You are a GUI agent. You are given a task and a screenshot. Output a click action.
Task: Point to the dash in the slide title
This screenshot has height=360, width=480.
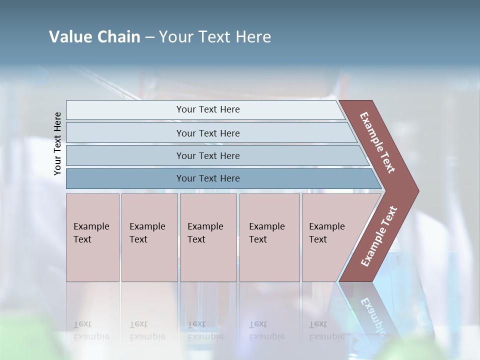[x=149, y=37]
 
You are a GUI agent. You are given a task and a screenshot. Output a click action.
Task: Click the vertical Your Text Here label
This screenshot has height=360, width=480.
[x=57, y=143]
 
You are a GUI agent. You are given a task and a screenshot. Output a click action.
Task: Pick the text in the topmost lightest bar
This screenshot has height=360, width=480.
[x=208, y=109]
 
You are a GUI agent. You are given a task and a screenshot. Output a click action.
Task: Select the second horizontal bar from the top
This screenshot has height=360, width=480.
[x=208, y=133]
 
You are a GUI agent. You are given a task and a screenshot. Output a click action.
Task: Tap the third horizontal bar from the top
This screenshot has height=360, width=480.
[x=208, y=155]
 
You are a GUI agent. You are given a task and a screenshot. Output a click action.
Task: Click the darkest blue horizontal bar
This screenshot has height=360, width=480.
[x=208, y=178]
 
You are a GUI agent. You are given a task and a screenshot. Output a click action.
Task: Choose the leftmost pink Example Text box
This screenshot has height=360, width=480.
[x=92, y=237]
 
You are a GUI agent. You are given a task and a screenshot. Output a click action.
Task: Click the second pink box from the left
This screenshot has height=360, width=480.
[x=149, y=237]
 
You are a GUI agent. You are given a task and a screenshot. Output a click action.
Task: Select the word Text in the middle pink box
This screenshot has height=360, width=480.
[x=196, y=239]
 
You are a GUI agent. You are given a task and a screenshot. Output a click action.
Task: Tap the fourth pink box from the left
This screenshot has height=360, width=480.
[x=269, y=237]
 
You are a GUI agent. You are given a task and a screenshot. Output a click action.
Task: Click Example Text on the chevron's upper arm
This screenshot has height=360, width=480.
[x=377, y=142]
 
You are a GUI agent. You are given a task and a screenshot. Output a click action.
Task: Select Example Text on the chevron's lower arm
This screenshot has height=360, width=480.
[x=378, y=236]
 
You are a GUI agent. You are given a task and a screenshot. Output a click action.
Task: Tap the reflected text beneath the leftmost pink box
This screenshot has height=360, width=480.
[x=91, y=330]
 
